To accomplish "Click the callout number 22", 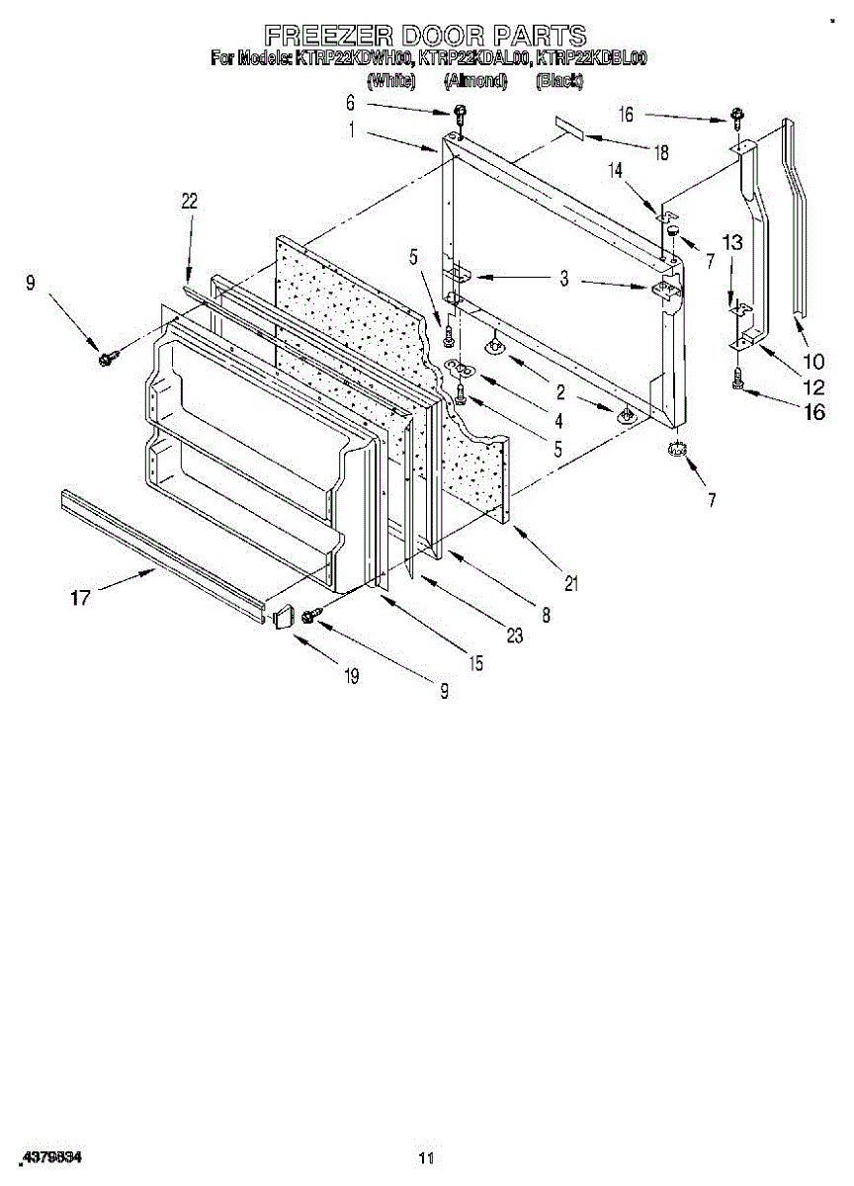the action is (189, 201).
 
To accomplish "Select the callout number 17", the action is (82, 597).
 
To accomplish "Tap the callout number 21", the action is (570, 583).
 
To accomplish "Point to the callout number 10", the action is (814, 361).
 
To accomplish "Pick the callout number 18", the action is (661, 152).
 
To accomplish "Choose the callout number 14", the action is (616, 171).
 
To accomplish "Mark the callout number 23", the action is (514, 636).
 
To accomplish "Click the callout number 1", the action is (352, 127).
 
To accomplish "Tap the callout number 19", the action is (352, 677).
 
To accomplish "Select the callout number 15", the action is (476, 663).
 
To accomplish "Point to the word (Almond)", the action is (474, 81).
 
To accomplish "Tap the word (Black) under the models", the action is (558, 81).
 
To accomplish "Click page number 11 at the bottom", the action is (426, 1157).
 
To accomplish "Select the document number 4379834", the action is (50, 1155).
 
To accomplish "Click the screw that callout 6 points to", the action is (461, 112).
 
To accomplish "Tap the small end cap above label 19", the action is (282, 617).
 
